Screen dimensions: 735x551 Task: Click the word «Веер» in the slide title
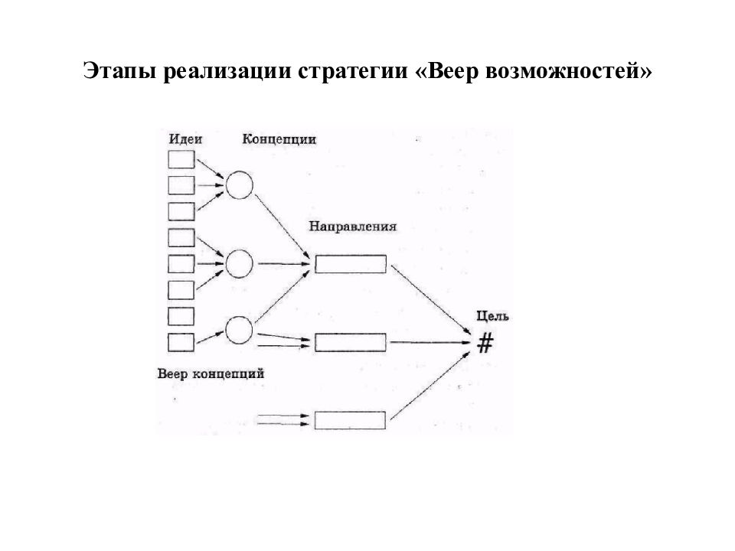[x=454, y=70]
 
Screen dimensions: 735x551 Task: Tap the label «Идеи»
[x=185, y=139]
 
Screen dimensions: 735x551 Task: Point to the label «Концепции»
[x=279, y=139]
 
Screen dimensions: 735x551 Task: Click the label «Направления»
[x=352, y=227]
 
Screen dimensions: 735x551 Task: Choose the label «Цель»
[x=492, y=317]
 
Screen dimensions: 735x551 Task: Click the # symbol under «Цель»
[x=485, y=343]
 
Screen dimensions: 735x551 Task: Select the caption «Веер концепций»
[x=211, y=374]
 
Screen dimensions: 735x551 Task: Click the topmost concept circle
[x=240, y=185]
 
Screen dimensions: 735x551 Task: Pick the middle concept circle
[x=239, y=264]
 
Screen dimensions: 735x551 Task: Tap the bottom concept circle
[x=239, y=331]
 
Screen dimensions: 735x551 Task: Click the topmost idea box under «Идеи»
[x=181, y=159]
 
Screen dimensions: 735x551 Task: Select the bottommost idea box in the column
[x=181, y=342]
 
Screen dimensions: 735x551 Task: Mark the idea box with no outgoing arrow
[x=181, y=316]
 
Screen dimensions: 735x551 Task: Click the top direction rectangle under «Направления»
[x=351, y=264]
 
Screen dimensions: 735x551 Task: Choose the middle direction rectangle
[x=351, y=342]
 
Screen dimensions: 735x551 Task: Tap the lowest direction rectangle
[x=350, y=420]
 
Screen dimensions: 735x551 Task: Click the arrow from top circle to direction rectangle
[x=283, y=226]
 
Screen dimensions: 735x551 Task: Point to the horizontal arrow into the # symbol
[x=430, y=343]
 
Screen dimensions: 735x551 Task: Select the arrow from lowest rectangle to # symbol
[x=430, y=385]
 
